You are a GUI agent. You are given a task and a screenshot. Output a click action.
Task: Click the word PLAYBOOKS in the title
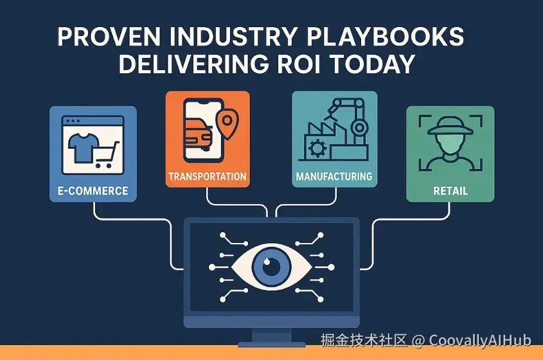click(x=386, y=36)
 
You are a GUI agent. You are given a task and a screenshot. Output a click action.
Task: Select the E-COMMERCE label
click(x=93, y=190)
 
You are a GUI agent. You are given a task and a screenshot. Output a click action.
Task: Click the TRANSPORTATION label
click(x=208, y=176)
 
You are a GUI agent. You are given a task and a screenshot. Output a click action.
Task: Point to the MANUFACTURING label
click(x=334, y=176)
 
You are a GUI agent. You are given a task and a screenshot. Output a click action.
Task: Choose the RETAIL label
click(x=450, y=190)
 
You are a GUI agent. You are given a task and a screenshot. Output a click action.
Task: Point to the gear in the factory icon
click(x=317, y=148)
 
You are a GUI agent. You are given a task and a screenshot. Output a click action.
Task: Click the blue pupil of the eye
click(x=271, y=267)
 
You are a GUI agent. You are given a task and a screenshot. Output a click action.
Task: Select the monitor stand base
click(x=271, y=345)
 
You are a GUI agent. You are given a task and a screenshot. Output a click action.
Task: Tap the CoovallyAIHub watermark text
click(x=480, y=340)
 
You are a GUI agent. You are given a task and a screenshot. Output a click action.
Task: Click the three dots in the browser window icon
click(x=73, y=121)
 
